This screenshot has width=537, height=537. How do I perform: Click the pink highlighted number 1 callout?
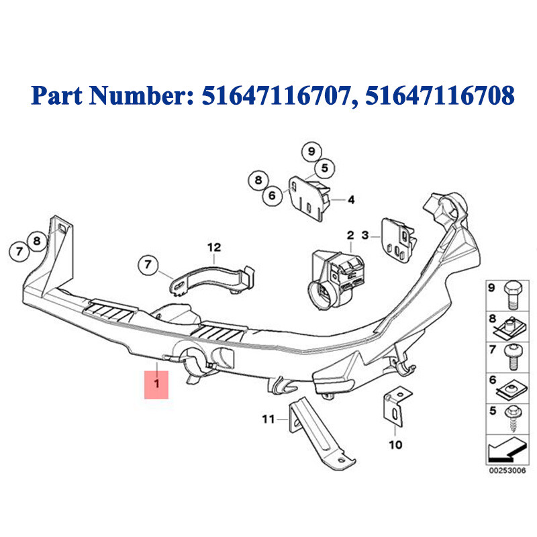click(x=156, y=384)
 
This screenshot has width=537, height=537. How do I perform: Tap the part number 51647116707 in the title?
click(x=277, y=95)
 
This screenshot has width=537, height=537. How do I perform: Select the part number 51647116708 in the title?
click(x=440, y=95)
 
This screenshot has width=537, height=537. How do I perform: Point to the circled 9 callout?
click(x=311, y=151)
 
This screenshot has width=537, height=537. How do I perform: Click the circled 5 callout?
click(x=325, y=168)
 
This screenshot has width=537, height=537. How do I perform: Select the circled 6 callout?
click(x=272, y=195)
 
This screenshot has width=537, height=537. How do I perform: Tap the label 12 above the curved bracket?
click(x=214, y=247)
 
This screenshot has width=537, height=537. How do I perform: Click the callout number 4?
click(x=351, y=199)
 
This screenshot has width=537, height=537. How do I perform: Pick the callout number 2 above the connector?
click(x=350, y=235)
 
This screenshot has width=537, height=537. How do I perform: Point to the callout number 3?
click(x=365, y=236)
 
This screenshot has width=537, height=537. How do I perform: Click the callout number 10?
click(x=395, y=444)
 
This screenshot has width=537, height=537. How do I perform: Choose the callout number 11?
click(x=268, y=419)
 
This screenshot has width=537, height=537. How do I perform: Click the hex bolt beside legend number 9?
click(x=513, y=295)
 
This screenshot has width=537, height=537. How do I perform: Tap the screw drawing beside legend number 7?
click(x=513, y=357)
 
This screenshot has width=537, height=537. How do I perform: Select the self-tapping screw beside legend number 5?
click(x=513, y=418)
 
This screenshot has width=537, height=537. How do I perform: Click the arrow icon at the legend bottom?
click(x=507, y=450)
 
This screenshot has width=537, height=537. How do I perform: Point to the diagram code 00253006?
click(x=507, y=471)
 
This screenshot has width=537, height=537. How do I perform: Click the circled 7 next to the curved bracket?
click(x=148, y=264)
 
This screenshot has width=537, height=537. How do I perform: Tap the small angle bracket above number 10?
click(x=397, y=406)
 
